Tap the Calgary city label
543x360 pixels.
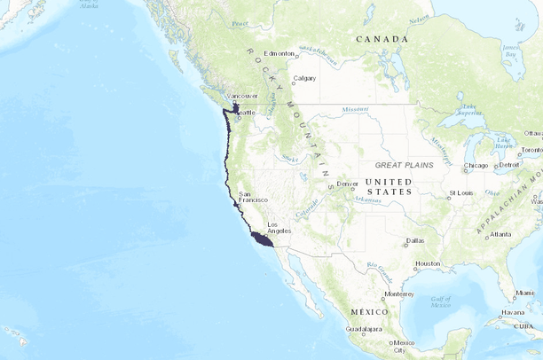coord(304,78)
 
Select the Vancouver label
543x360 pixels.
coord(242,96)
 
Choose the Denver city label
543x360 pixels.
coord(347,184)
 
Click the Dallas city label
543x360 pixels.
coord(414,240)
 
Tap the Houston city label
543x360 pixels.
coord(428,263)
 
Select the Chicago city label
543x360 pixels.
coord(476,166)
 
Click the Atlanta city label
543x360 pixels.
coord(500,234)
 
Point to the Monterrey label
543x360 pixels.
coord(399,294)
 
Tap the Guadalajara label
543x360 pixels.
coord(365,329)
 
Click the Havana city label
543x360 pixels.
coord(511,312)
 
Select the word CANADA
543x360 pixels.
coord(382,39)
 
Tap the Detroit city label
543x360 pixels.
coord(509,165)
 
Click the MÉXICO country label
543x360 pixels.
coord(369,312)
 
